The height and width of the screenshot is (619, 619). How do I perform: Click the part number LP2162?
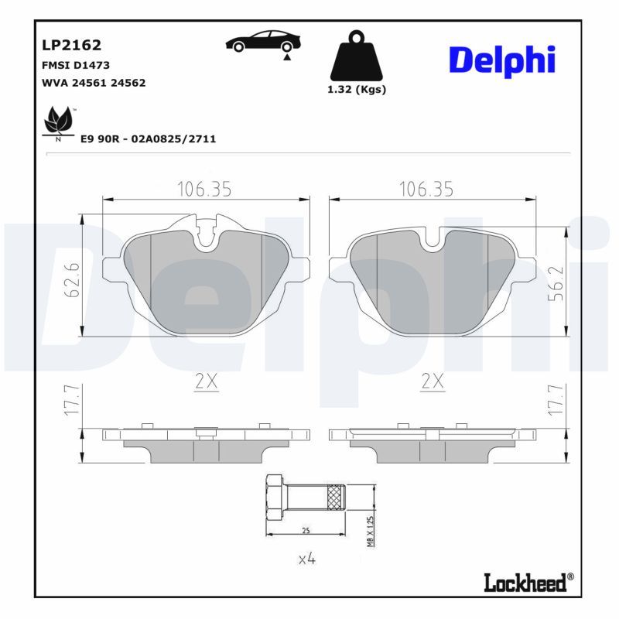pos(71,46)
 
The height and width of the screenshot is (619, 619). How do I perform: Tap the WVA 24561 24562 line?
pos(94,82)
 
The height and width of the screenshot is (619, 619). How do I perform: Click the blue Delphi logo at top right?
pos(502,60)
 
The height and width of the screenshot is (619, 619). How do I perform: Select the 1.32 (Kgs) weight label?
pos(356,89)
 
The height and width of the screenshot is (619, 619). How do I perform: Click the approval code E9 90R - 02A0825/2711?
pos(148,139)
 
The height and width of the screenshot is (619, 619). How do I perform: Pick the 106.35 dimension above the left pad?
pos(204,189)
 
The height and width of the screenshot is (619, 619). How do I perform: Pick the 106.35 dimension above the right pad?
pos(426,189)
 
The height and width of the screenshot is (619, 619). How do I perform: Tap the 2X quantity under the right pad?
pos(433,380)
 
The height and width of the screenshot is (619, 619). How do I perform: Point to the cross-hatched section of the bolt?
pos(334,497)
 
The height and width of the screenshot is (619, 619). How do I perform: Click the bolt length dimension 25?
pos(306,530)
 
